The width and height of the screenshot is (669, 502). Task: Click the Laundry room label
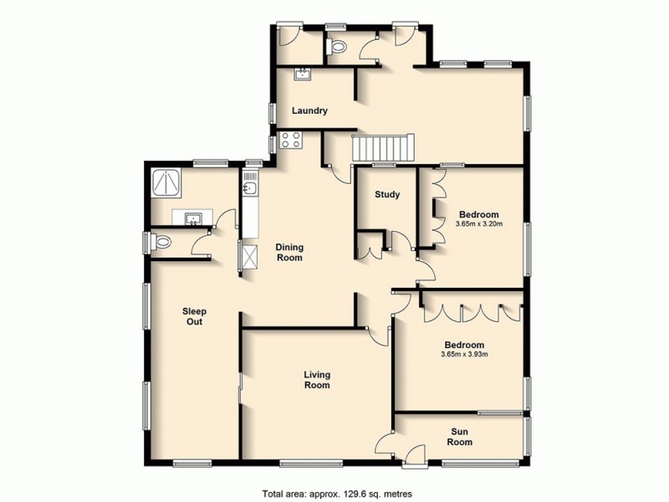pos(309,111)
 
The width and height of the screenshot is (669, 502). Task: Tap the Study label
pos(386,195)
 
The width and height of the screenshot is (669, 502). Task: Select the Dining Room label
pos(289,252)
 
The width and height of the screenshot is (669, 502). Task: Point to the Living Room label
pos(317,380)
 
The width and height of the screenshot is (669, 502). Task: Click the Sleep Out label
pos(193,316)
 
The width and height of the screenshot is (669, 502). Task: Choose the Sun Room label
pos(459,436)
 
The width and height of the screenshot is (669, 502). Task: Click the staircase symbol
pos(382,148)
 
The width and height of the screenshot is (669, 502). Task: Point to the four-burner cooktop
pos(290,140)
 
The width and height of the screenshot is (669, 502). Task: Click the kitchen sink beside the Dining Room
pos(248,188)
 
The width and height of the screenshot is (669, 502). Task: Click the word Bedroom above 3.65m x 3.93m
pos(464,344)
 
